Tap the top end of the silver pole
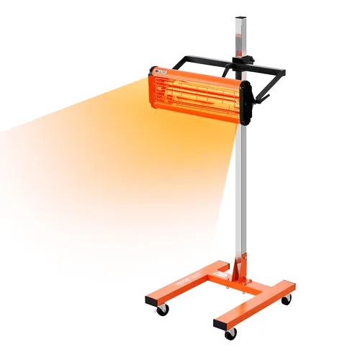[239, 17]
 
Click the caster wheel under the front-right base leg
[230, 333]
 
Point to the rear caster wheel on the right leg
[286, 300]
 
